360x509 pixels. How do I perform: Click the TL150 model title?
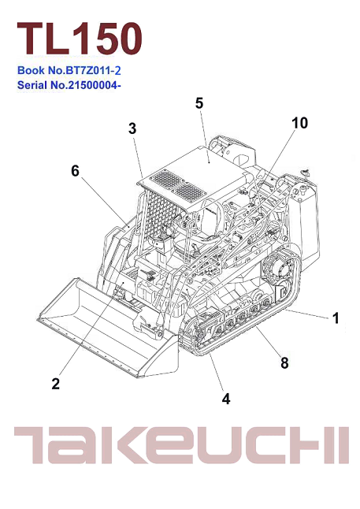tap(80, 39)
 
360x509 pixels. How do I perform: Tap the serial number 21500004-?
tap(95, 85)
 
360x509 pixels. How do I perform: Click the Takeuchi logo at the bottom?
tap(181, 445)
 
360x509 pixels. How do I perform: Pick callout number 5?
tap(199, 103)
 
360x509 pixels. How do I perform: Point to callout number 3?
tap(132, 128)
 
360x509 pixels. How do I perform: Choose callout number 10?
tap(299, 123)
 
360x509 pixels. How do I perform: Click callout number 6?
tap(75, 171)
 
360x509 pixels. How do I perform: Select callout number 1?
tap(336, 318)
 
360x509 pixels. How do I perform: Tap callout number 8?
tap(284, 363)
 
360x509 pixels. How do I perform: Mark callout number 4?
tap(226, 399)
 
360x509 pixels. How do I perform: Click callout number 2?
tap(55, 384)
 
